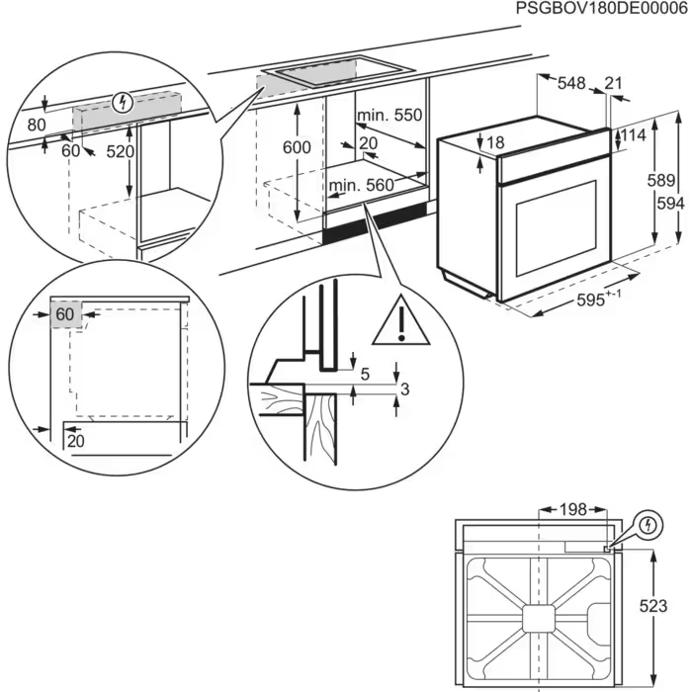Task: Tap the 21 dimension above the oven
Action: pyautogui.click(x=614, y=85)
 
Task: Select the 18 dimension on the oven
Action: pyautogui.click(x=495, y=143)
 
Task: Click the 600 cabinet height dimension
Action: pyautogui.click(x=296, y=147)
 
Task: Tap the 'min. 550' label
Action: pyautogui.click(x=389, y=116)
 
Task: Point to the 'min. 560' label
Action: pyautogui.click(x=361, y=185)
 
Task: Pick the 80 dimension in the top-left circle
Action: pyautogui.click(x=38, y=126)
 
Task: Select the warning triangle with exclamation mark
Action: pyautogui.click(x=402, y=319)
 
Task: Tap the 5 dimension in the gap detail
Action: pyautogui.click(x=365, y=375)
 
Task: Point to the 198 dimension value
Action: pyautogui.click(x=570, y=509)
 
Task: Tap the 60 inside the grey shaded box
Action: pyautogui.click(x=65, y=314)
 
